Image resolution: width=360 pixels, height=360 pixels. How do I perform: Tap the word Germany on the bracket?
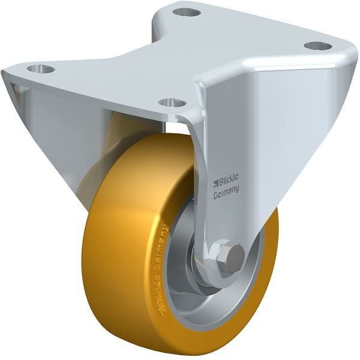coord(227,191)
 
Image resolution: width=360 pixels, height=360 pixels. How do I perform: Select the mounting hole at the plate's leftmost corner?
coord(41,69)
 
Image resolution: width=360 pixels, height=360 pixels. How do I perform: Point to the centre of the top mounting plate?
coord(180,57)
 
